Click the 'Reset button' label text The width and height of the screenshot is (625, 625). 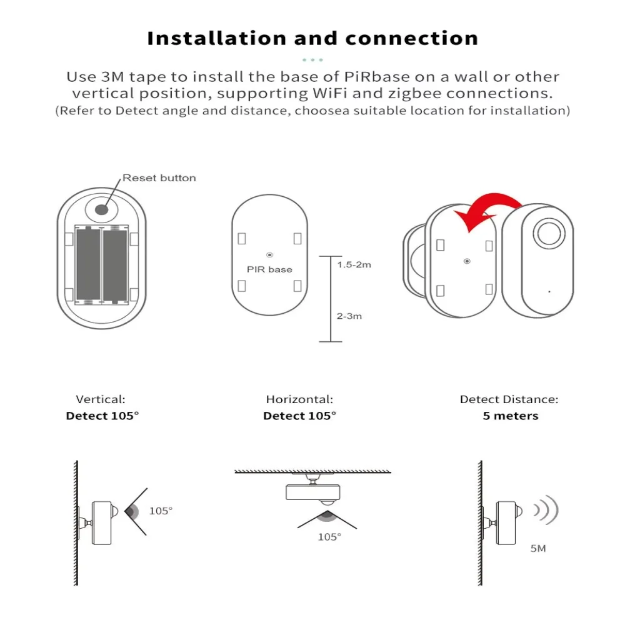click(159, 178)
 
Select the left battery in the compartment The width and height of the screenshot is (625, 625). click(88, 266)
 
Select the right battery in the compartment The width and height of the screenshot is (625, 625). click(115, 266)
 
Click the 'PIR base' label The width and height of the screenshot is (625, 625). click(270, 269)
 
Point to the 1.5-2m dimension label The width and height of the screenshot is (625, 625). click(354, 264)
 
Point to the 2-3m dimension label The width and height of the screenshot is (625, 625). click(349, 316)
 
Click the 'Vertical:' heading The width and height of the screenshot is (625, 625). click(101, 399)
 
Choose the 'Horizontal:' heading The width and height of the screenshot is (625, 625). click(299, 399)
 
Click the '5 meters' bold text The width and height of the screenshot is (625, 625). click(510, 416)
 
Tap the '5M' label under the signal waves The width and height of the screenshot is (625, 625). click(537, 549)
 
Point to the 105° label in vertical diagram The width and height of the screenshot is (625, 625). click(161, 511)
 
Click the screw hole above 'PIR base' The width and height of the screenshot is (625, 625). click(270, 255)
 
